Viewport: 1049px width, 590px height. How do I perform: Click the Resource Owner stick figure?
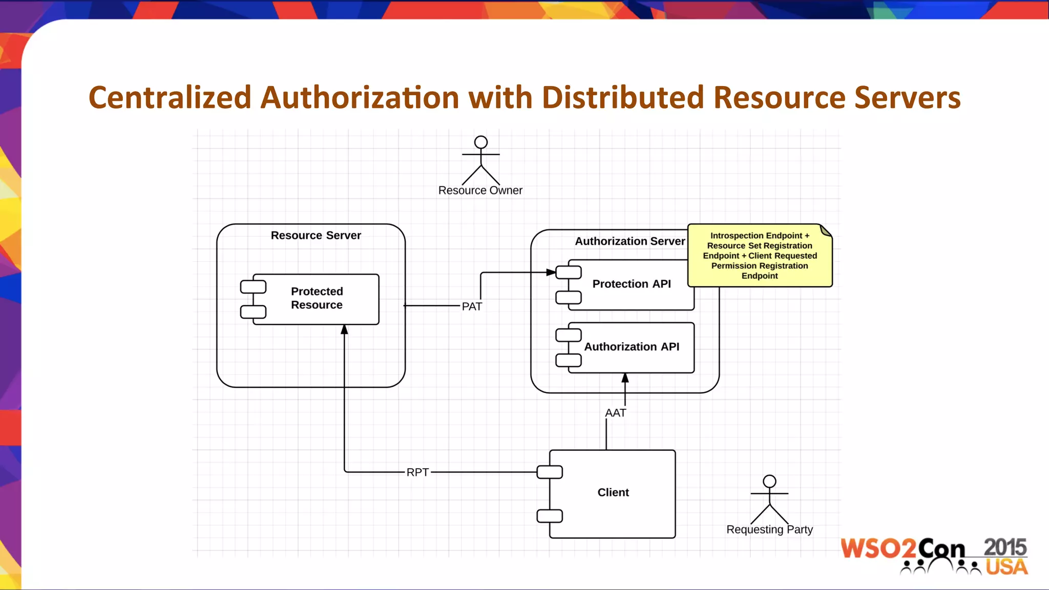pos(480,161)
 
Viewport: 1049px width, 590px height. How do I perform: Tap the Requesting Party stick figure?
pos(769,500)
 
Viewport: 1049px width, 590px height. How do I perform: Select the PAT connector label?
pos(472,306)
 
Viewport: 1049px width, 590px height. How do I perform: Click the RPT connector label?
pos(417,472)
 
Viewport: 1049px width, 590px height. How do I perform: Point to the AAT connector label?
pos(615,413)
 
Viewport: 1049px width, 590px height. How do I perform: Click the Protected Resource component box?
pos(316,299)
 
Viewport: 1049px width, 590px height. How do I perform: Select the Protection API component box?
pos(631,284)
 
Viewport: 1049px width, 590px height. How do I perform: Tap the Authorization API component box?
pos(631,347)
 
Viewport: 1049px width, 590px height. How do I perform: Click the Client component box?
pos(613,493)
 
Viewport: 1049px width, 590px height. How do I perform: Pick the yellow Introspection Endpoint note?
pos(759,256)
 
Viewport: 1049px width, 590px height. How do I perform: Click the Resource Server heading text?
pos(316,236)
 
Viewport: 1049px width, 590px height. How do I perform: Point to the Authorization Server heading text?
pos(630,241)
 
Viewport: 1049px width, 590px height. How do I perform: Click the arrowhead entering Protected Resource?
pos(344,330)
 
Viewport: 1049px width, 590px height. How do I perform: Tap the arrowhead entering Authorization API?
pos(625,378)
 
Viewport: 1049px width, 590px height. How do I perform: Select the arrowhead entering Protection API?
pos(551,272)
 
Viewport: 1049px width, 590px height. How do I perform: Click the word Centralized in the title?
pos(170,97)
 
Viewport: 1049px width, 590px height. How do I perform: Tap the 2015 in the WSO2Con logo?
pos(1005,547)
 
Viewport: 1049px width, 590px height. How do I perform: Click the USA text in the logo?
pos(1006,567)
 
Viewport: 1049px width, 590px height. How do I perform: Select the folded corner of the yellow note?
pos(826,230)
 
